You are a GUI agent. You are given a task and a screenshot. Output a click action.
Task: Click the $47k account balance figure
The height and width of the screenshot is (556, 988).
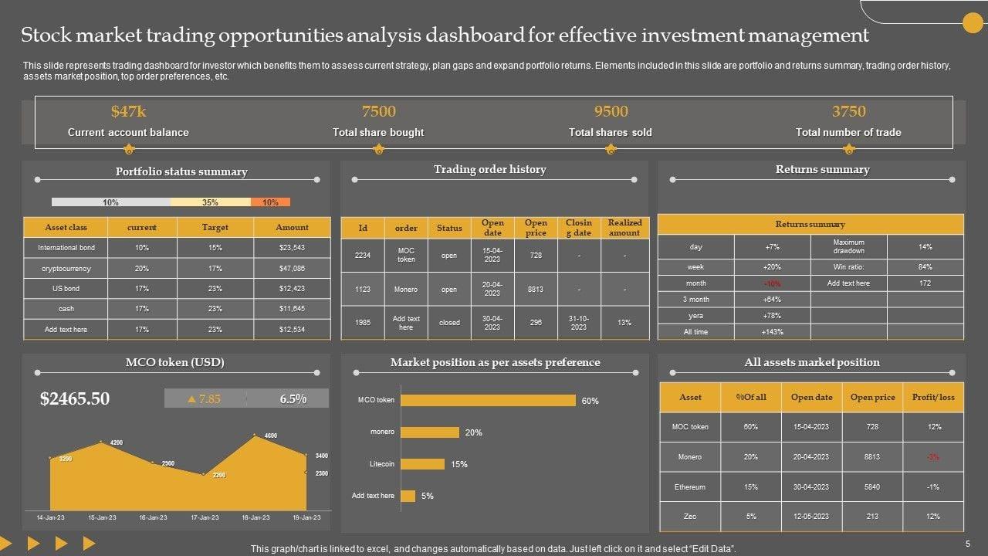[128, 111]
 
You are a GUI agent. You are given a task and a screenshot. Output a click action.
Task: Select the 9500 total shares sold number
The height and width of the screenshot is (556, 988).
[611, 111]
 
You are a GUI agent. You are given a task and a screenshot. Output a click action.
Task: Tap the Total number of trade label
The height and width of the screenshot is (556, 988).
[848, 132]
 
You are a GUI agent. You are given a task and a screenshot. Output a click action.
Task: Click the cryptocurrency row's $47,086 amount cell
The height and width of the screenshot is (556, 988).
[292, 269]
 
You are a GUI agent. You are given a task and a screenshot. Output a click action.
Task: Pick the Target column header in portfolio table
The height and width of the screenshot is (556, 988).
[215, 227]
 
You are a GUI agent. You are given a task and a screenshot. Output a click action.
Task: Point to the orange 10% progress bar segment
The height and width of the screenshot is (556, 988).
[270, 202]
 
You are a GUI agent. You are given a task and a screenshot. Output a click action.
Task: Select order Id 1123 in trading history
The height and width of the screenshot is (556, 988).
[363, 289]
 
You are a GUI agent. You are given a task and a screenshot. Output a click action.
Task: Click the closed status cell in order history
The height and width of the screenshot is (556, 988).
[449, 323]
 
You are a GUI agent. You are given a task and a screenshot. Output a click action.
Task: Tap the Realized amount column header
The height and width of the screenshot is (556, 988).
[624, 227]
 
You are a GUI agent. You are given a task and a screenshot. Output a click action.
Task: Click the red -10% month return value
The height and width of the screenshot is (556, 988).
[771, 283]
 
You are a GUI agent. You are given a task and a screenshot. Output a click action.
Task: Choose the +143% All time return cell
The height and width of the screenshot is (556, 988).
[771, 332]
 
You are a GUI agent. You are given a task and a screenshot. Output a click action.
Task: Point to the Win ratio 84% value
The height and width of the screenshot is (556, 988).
[925, 267]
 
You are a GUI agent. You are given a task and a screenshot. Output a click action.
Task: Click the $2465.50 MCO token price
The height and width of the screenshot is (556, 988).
[75, 398]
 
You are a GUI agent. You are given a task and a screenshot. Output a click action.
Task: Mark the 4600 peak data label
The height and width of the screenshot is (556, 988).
[271, 436]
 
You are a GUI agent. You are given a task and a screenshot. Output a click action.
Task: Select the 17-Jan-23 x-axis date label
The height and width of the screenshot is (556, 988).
[204, 517]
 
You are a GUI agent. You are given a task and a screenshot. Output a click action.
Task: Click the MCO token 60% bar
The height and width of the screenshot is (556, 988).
[488, 400]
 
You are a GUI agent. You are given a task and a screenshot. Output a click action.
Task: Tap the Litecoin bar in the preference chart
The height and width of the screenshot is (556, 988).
[422, 464]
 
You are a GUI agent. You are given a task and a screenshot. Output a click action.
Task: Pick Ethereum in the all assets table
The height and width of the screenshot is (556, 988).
[690, 487]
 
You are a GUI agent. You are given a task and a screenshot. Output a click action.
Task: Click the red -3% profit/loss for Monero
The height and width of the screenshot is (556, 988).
[932, 457]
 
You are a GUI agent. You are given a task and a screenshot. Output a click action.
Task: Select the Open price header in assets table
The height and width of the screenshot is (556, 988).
[872, 397]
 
